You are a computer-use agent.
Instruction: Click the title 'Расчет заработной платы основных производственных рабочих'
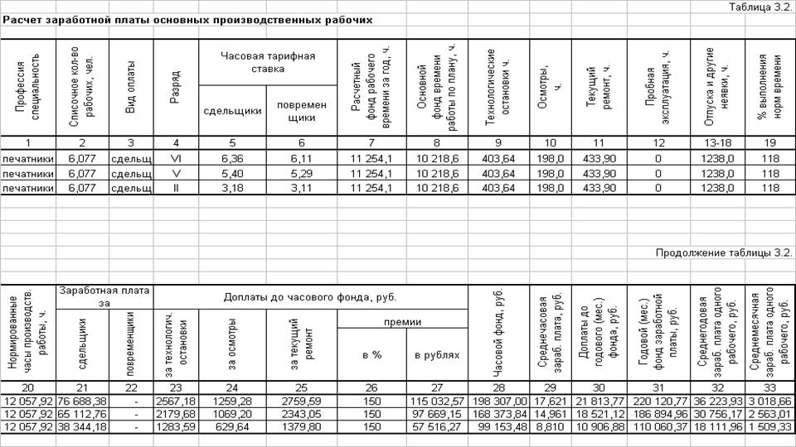pos(187,20)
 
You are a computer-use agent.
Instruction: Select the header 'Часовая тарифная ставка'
pos(267,62)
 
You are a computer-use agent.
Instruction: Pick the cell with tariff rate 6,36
pos(231,158)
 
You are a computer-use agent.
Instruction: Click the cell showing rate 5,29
pos(301,173)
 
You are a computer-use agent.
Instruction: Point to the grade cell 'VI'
pos(175,158)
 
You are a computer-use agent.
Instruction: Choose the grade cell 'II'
pos(175,188)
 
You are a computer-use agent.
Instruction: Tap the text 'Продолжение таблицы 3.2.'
pos(724,253)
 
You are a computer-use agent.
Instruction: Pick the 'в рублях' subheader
pos(437,354)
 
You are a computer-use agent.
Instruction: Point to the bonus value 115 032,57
pos(439,401)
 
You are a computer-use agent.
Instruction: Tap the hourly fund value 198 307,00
pos(498,401)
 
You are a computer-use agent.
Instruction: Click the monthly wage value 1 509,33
pos(769,426)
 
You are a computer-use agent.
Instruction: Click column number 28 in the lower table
pos(498,387)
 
